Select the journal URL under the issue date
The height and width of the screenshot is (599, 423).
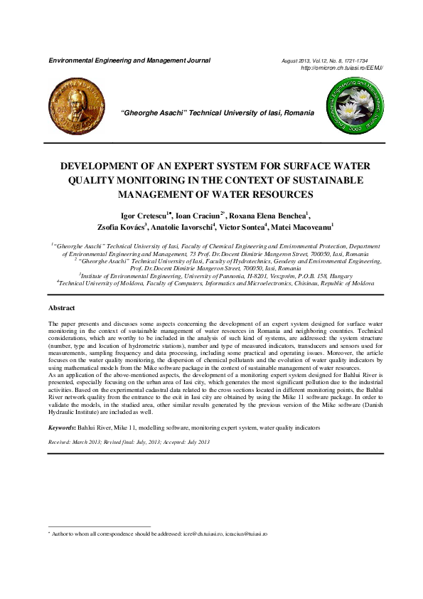(342, 68)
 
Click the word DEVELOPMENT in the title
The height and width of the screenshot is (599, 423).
(103, 166)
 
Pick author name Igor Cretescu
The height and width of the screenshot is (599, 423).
(140, 215)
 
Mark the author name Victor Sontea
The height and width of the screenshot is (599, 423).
(242, 228)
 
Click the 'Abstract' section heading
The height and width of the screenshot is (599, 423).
(61, 308)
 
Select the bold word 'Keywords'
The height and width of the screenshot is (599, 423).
(61, 428)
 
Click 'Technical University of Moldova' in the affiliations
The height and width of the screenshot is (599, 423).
(85, 283)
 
